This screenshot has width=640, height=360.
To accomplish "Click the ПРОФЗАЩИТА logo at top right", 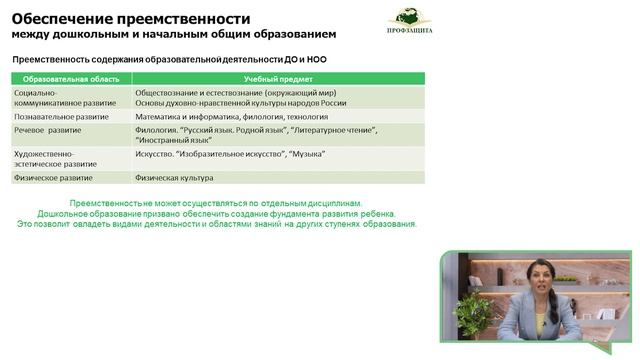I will pyautogui.click(x=410, y=24).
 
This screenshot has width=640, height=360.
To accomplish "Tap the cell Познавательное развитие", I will pyautogui.click(x=62, y=116).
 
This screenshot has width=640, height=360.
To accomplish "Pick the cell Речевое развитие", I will pyautogui.click(x=49, y=129).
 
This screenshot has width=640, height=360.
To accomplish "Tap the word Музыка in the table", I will pyautogui.click(x=307, y=154).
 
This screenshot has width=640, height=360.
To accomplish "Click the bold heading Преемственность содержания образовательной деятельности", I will pyautogui.click(x=169, y=59).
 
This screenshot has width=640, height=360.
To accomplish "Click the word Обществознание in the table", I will pyautogui.click(x=171, y=92).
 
